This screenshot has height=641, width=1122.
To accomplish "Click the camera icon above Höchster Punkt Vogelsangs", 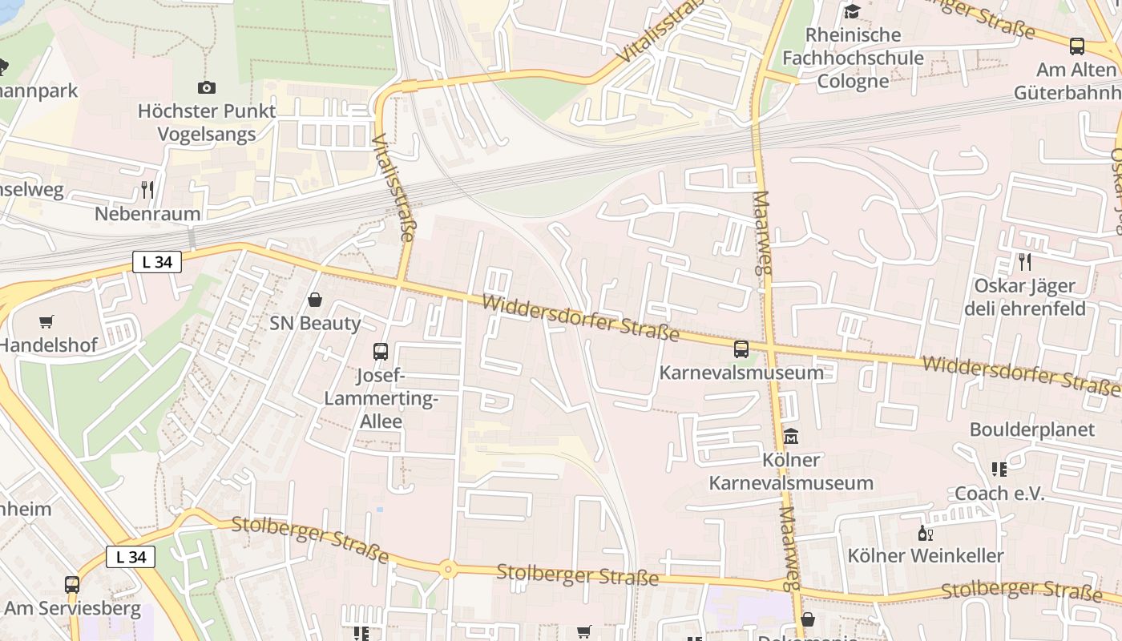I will click(x=206, y=87).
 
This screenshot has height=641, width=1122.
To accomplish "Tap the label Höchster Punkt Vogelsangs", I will click(x=206, y=122).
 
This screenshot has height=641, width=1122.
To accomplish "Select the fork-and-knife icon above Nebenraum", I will click(x=147, y=190).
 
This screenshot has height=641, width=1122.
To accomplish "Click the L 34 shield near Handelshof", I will click(x=157, y=261).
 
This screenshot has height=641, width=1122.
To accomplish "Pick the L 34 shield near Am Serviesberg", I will click(x=131, y=557).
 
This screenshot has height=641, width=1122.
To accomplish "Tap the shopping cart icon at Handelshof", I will click(x=46, y=321).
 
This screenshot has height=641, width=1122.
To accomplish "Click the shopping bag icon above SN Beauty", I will click(x=315, y=300).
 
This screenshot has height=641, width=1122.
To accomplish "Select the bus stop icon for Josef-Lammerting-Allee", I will click(x=381, y=351).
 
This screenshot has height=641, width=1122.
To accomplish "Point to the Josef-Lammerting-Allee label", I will click(x=381, y=398).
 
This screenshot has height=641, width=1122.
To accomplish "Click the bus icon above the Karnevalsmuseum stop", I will click(x=741, y=349).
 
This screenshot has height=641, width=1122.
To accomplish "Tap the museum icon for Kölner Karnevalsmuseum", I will click(x=791, y=436).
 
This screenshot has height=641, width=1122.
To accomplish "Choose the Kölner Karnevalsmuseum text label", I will click(x=791, y=472).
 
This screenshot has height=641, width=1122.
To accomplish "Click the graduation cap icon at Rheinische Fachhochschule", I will click(x=852, y=11).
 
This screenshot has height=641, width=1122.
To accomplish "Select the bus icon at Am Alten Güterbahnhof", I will click(x=1077, y=46).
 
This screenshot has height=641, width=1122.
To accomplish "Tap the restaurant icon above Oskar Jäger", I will click(x=1024, y=261).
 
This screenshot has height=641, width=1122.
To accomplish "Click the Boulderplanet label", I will click(x=1031, y=429).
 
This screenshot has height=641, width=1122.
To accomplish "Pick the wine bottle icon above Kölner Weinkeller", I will click(x=925, y=533).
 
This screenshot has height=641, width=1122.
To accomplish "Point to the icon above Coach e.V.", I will click(x=999, y=470).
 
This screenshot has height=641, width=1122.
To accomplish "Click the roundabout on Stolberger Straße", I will click(x=448, y=570).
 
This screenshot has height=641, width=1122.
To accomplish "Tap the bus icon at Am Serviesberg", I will click(x=72, y=585).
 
